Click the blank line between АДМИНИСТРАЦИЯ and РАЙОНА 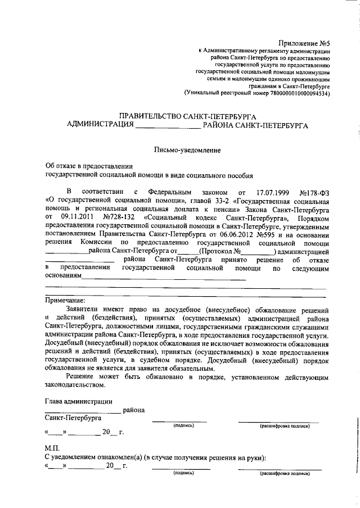pyautogui.click(x=168, y=127)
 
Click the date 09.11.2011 pyautogui.click(x=73, y=217)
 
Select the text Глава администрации pyautogui.click(x=78, y=401)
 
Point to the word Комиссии pyautogui.click(x=104, y=243)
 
